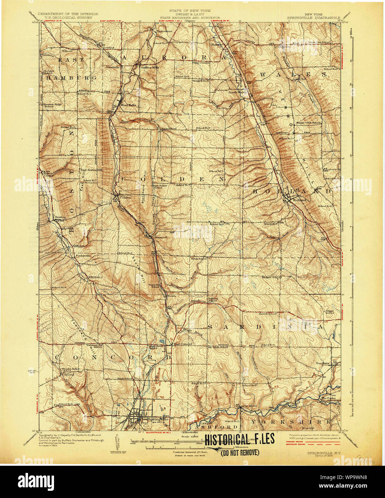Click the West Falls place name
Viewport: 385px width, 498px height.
(x=128, y=105)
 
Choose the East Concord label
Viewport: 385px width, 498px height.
(x=183, y=344)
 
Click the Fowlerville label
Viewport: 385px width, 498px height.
(x=83, y=256)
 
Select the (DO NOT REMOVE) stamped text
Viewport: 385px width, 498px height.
(x=239, y=452)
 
